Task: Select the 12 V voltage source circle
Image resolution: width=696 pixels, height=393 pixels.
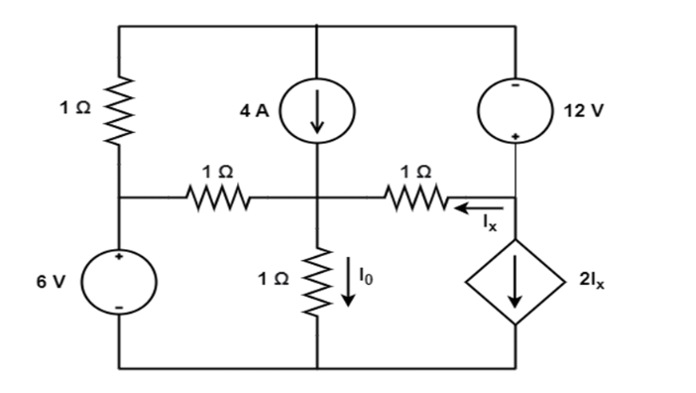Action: pos(515,110)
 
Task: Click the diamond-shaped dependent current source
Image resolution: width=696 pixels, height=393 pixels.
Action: pos(516,282)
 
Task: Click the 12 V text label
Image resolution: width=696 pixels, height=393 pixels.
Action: pos(583,111)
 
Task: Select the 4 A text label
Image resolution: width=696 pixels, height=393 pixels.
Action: pos(254,111)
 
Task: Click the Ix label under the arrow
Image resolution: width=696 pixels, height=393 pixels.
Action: pos(487,224)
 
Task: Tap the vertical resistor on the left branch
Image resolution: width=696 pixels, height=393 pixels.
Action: pos(119,110)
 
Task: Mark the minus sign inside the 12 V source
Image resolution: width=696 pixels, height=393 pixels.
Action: pos(515,87)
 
